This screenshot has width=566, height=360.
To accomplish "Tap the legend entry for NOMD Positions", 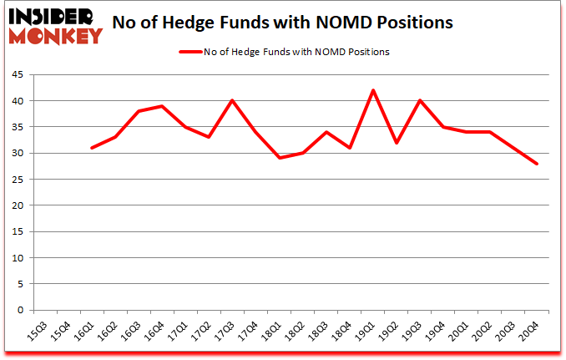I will click(x=284, y=52).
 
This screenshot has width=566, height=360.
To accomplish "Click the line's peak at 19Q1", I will click(x=373, y=90).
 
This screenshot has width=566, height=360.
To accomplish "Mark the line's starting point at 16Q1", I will click(x=92, y=148).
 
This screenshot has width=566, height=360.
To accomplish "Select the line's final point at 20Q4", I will click(x=537, y=164).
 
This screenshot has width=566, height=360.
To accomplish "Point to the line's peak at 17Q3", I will click(x=232, y=100).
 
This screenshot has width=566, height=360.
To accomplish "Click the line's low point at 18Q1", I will click(x=280, y=158).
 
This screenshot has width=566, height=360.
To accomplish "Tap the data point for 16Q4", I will click(x=162, y=106).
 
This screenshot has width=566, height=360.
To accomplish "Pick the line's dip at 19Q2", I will click(x=397, y=143).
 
